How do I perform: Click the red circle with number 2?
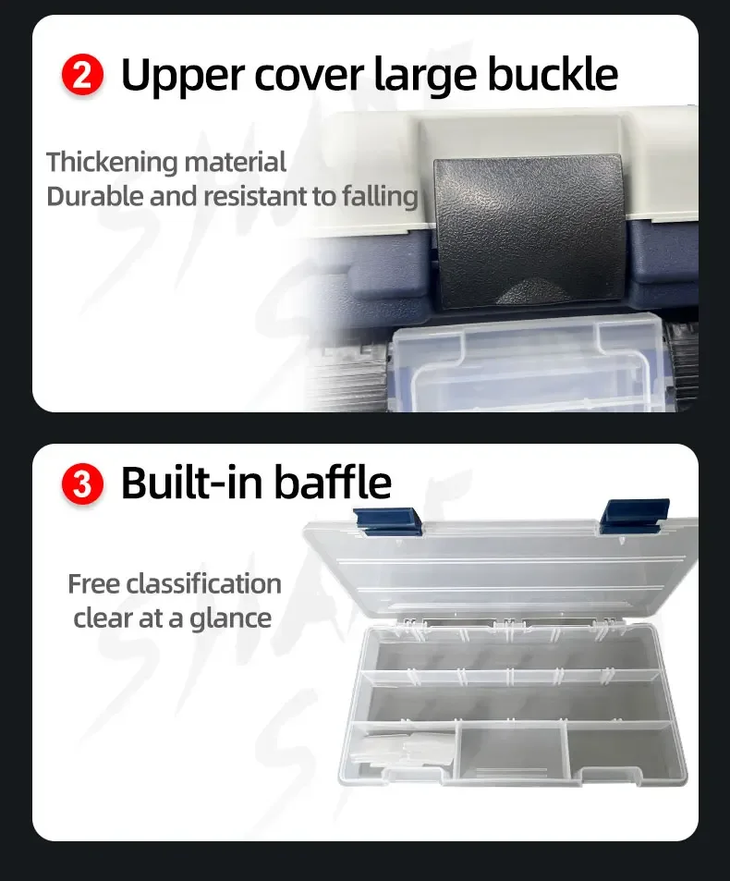[82, 75]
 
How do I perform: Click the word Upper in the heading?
[184, 76]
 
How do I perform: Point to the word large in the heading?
[428, 76]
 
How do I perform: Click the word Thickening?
[112, 163]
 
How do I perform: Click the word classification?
[203, 583]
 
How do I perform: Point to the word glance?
[230, 619]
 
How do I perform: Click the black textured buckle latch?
[529, 232]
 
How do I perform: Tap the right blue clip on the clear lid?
[635, 514]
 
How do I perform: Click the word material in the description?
[236, 163]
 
